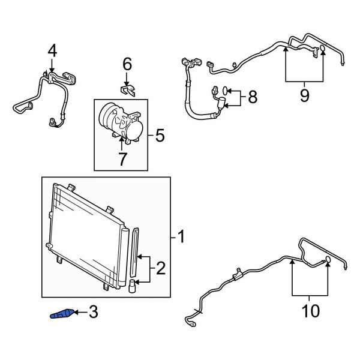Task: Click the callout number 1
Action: click(x=181, y=239)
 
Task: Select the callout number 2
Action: click(x=160, y=268)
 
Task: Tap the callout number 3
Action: click(x=93, y=312)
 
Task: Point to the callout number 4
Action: click(x=52, y=51)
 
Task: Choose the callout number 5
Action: click(x=159, y=136)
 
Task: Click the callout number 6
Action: click(x=127, y=63)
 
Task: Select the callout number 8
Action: click(x=252, y=96)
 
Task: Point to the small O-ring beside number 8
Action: click(x=223, y=91)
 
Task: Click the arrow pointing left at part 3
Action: click(x=80, y=313)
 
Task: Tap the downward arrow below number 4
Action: click(x=52, y=69)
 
